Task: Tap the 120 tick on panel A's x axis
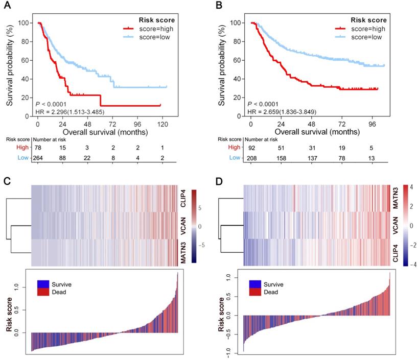(x=163, y=124)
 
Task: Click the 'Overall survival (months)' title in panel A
(x=101, y=132)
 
